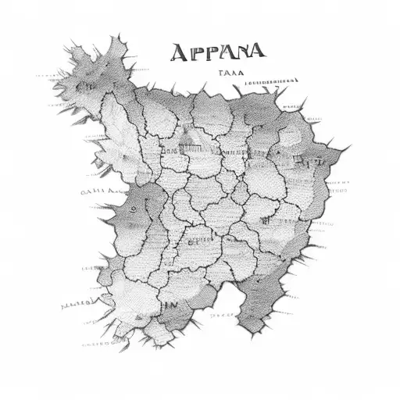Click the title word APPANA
(x=217, y=52)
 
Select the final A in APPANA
(x=256, y=52)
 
